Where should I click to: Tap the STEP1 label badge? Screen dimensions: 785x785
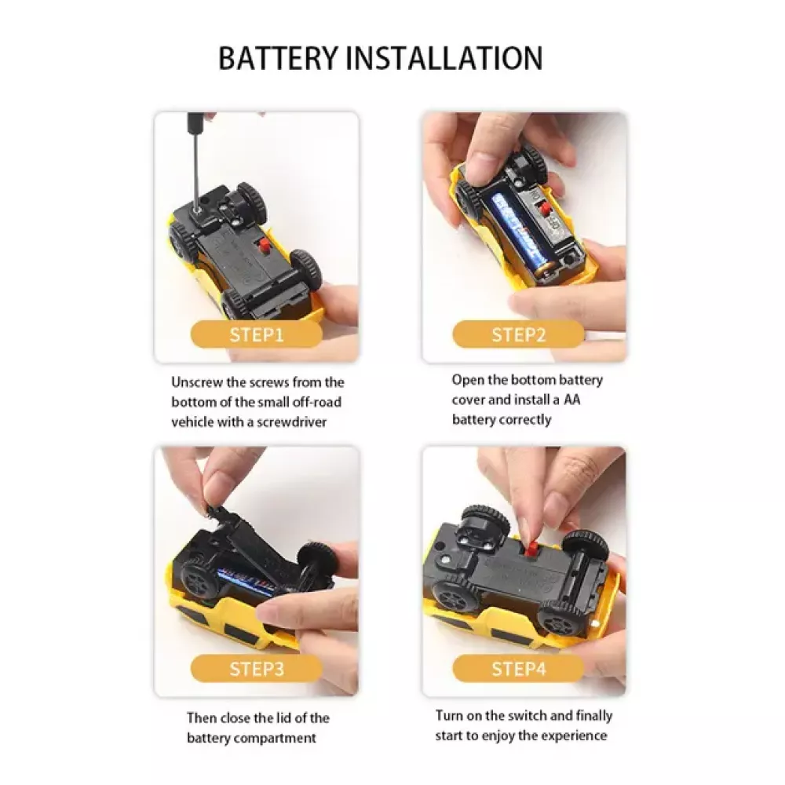[x=257, y=334]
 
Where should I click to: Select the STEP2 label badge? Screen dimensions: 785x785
[x=518, y=334]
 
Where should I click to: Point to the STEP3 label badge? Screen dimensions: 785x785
[x=257, y=668]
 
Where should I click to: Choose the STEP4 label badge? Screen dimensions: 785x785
[x=518, y=668]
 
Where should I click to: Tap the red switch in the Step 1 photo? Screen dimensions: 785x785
[x=262, y=246]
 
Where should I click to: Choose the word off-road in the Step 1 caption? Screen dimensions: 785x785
[x=317, y=402]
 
